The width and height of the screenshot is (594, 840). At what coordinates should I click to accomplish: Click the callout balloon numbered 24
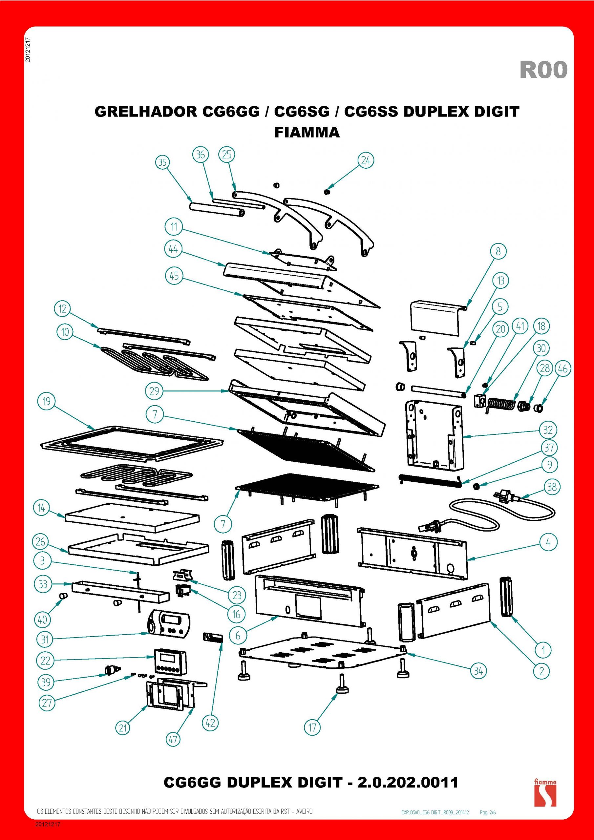click(x=366, y=160)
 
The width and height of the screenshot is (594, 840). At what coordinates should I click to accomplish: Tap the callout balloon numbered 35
click(x=162, y=162)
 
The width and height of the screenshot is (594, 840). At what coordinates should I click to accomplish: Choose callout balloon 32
click(x=548, y=430)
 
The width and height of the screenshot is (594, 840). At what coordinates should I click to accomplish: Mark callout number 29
click(x=154, y=391)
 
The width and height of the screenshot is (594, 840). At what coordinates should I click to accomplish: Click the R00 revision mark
click(x=543, y=70)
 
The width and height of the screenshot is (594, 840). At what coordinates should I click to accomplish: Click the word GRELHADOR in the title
click(x=146, y=112)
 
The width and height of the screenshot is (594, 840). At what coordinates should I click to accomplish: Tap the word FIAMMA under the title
click(x=307, y=132)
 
